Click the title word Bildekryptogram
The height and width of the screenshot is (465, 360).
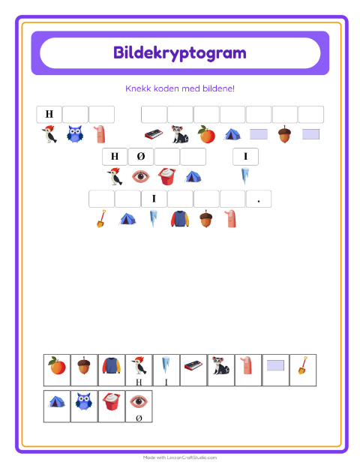tap(180, 53)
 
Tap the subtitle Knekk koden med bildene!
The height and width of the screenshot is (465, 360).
tap(180, 88)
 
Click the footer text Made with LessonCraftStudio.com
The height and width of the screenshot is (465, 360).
tap(180, 457)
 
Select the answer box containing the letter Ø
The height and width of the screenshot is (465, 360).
tap(141, 156)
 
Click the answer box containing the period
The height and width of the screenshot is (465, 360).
tap(259, 199)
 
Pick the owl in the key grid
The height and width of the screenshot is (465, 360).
tap(83, 401)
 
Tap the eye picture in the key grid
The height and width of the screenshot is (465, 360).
tap(139, 401)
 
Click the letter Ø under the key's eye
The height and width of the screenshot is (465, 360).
tap(139, 418)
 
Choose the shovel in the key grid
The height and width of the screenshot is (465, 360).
tap(303, 365)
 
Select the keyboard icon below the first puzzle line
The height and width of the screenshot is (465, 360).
tap(154, 134)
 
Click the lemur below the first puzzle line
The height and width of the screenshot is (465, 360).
tap(180, 134)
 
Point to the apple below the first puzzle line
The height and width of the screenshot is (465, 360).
tap(206, 134)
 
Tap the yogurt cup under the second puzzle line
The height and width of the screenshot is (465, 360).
tap(166, 176)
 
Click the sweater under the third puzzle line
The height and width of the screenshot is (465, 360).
tap(180, 219)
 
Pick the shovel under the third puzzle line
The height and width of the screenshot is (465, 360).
tap(101, 218)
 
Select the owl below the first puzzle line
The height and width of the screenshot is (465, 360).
tap(75, 133)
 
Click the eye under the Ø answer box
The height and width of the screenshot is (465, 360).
tap(140, 176)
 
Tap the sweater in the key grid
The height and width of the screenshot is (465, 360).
tap(112, 365)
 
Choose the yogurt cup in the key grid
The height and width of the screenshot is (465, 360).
tap(112, 401)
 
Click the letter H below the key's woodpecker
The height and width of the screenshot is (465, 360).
tap(139, 382)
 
